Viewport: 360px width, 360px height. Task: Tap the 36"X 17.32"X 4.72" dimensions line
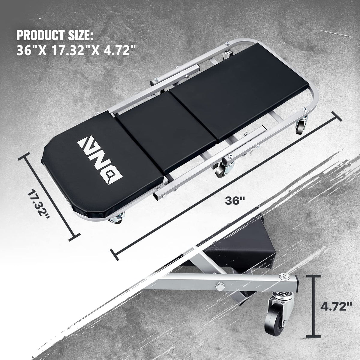[x=76, y=50]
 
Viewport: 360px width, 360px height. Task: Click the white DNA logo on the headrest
[x=100, y=160]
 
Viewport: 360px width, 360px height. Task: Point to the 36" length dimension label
[x=235, y=201]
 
